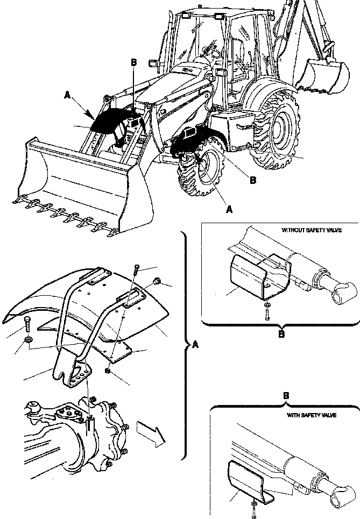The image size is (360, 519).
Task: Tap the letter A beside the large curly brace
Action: (x=195, y=345)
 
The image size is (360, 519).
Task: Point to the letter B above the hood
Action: (x=135, y=62)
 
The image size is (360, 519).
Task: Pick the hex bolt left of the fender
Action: (x=28, y=324)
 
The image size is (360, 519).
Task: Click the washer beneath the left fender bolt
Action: (x=29, y=340)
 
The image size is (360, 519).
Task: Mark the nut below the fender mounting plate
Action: (x=109, y=372)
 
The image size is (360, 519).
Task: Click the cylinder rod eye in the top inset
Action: (x=343, y=295)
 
